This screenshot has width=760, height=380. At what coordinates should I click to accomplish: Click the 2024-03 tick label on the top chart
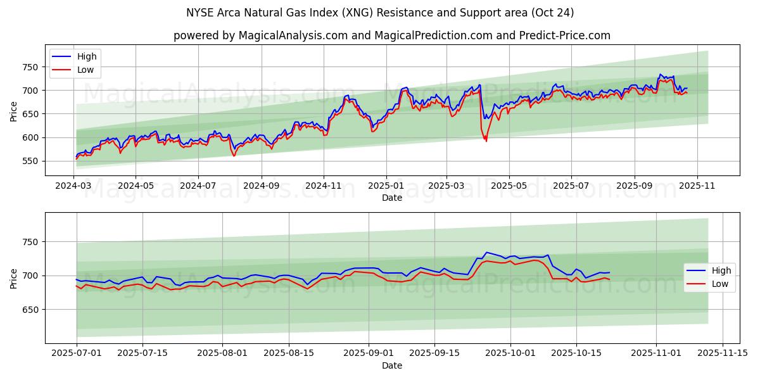tap(73, 186)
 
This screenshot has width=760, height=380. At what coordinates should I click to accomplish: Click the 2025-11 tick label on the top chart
tap(697, 186)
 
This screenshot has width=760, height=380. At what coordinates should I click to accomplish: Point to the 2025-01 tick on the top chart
tap(385, 186)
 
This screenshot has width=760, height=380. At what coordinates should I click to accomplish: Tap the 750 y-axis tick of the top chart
tap(30, 67)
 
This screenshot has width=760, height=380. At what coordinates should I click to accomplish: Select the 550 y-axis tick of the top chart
tap(30, 161)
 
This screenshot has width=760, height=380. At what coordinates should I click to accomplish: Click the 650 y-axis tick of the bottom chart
tap(30, 310)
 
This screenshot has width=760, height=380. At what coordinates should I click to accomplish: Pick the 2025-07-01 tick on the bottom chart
tap(77, 353)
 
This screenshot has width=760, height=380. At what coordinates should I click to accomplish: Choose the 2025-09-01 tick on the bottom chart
tap(369, 353)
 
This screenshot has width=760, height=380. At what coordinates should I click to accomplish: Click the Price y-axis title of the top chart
tap(14, 111)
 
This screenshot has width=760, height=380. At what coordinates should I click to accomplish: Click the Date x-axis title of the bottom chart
tap(392, 365)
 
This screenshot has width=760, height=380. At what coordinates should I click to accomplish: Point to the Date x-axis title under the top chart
tap(392, 198)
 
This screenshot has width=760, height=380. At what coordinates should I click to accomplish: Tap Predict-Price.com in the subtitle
tap(564, 35)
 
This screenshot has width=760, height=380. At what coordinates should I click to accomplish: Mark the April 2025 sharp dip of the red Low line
tap(486, 140)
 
